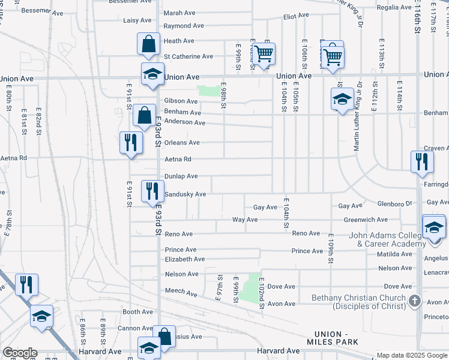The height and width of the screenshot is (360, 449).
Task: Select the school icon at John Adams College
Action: [435, 227]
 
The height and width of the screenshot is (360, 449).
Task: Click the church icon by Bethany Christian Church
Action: [414, 299]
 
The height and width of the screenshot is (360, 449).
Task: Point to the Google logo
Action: [20, 353]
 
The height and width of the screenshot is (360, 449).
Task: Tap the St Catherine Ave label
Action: [188, 56]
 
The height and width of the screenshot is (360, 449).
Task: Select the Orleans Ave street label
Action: [181, 143]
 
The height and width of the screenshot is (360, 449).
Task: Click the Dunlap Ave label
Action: [181, 176]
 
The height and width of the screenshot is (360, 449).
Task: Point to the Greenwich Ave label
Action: [366, 220]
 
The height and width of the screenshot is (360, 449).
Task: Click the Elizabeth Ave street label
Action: [184, 259]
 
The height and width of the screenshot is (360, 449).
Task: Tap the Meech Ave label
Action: [181, 293]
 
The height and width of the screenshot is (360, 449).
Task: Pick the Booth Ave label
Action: [137, 312]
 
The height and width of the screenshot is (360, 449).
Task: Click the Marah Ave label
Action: [180, 12]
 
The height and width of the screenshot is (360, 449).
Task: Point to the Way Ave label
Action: [245, 220]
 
